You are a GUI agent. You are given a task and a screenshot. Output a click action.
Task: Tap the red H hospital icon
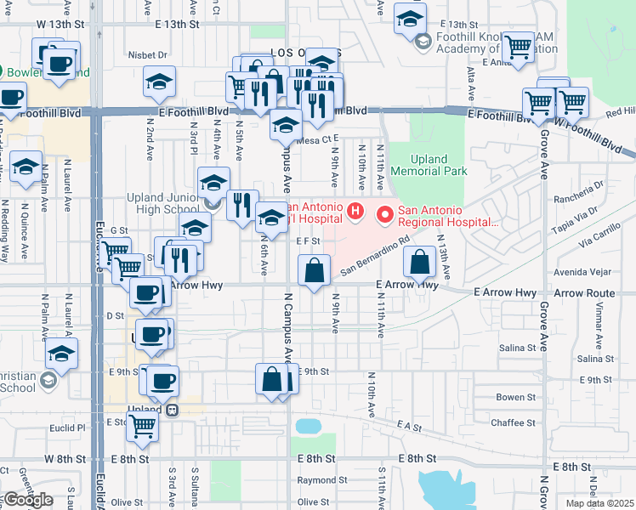356,210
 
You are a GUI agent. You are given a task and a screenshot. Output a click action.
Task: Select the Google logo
28,500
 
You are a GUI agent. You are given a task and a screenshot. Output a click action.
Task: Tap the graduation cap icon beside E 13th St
411,17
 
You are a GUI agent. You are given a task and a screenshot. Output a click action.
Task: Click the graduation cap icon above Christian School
61,353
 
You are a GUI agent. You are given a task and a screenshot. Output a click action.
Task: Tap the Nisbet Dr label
149,54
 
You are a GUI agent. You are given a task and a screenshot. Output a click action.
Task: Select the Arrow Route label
583,293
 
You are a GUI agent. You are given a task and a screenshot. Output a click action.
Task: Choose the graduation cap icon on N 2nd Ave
159,82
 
